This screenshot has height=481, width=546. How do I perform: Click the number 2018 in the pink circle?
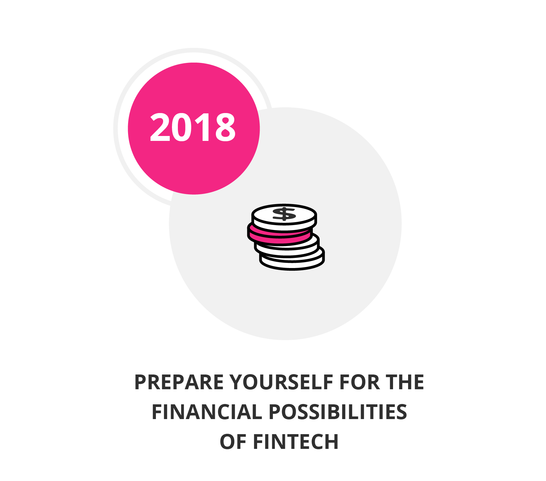point(193,127)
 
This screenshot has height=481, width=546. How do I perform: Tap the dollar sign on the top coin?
point(284,214)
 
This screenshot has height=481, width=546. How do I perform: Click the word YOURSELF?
point(282,382)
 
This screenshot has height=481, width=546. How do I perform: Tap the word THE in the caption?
point(405,382)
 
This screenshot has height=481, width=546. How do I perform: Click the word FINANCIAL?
point(207,412)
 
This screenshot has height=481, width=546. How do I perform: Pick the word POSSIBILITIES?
point(338,412)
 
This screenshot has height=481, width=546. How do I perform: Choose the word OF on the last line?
point(233,442)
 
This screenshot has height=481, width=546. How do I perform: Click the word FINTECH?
point(296,442)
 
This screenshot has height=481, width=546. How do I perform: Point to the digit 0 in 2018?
point(182,127)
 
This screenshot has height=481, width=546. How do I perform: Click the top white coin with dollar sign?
point(284,217)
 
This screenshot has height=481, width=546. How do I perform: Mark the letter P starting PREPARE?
point(141,382)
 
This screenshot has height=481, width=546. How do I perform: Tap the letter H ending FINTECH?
point(332,442)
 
